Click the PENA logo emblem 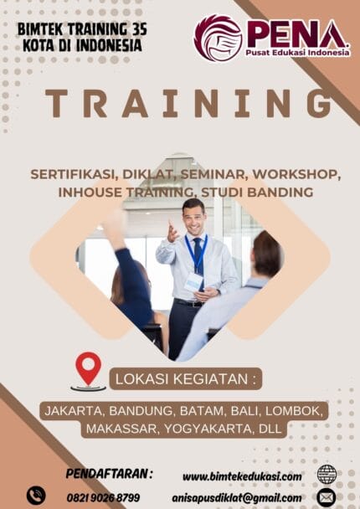[x=217, y=38]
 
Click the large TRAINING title [x=188, y=104]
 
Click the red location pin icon [x=88, y=368]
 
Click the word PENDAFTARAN [x=109, y=474]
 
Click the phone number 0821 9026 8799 [x=103, y=497]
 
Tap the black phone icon [x=36, y=496]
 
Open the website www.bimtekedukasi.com [x=242, y=476]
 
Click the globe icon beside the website [x=327, y=475]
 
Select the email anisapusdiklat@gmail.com [x=236, y=497]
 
